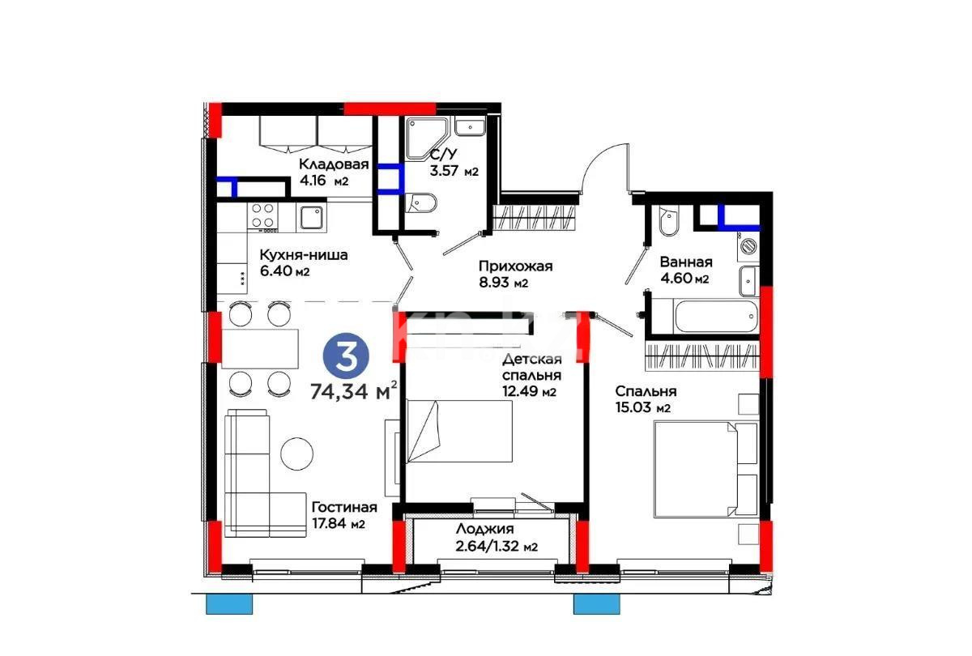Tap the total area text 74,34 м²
tap(353, 392)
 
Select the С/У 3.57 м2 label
tap(454, 163)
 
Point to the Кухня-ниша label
tap(303, 262)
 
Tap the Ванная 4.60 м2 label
tap(685, 270)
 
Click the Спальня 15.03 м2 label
tap(645, 398)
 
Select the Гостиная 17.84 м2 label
tap(343, 515)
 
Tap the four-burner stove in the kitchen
tap(262, 215)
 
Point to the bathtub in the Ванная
tap(703, 315)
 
